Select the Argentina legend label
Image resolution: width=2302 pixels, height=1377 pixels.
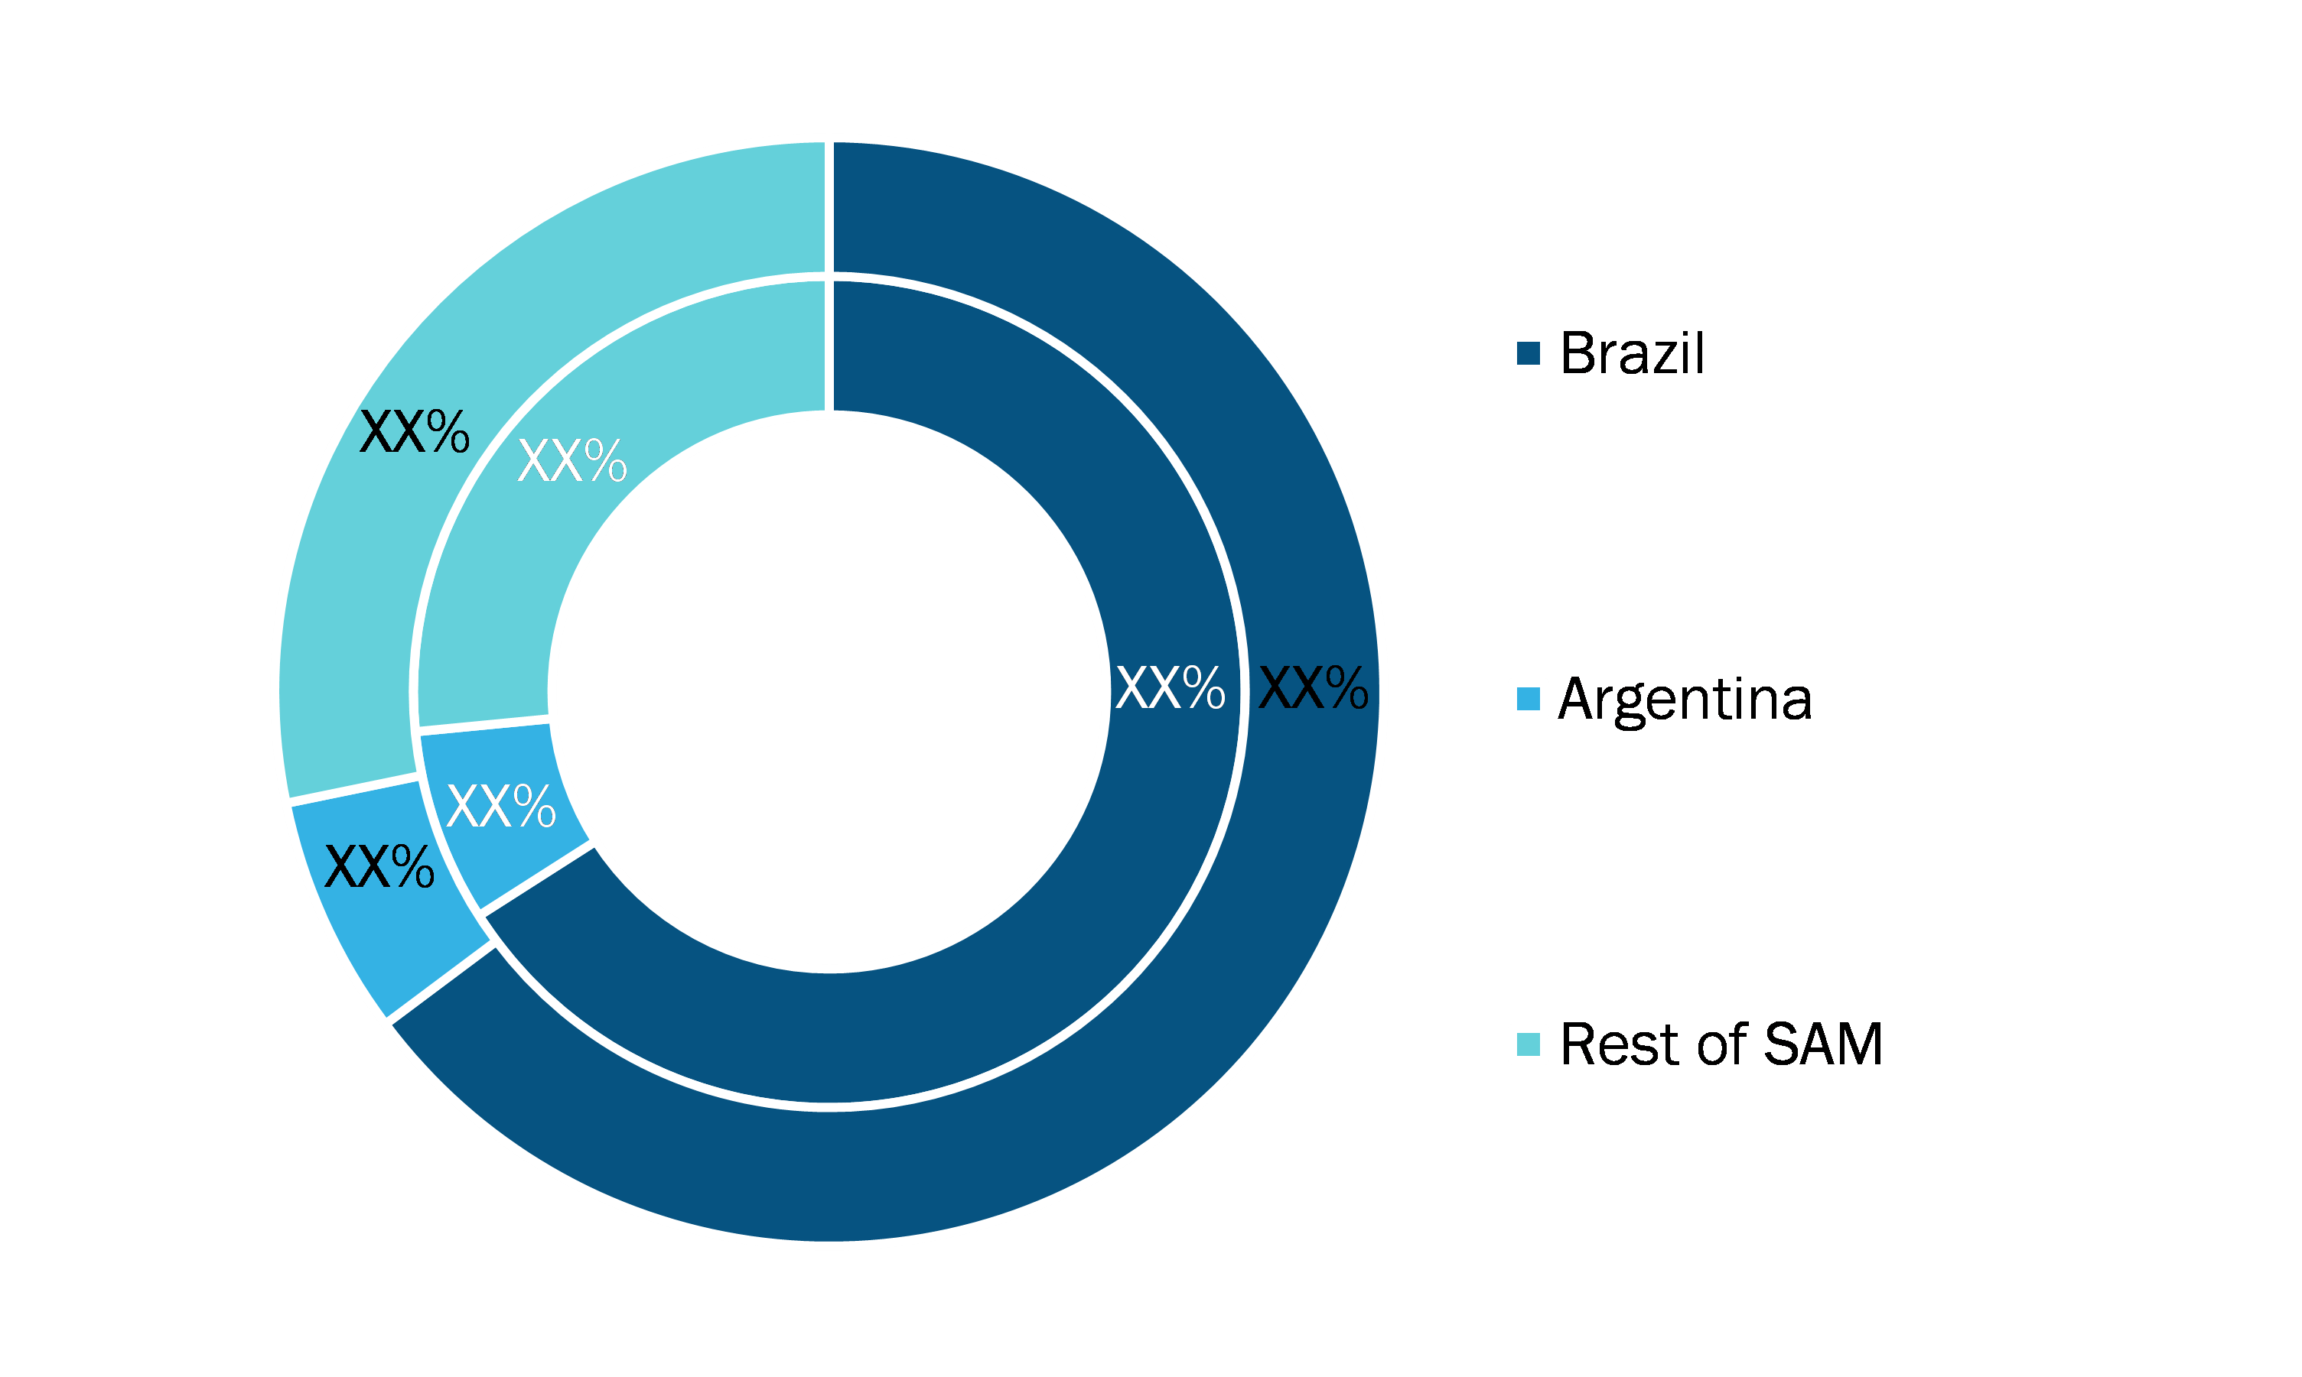point(1685,700)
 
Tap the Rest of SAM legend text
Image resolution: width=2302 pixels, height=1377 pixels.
point(1722,1044)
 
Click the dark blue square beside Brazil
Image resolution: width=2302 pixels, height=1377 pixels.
point(1528,352)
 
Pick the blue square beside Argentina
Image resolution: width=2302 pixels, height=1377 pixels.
point(1528,699)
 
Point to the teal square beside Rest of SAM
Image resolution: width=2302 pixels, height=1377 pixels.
point(1528,1044)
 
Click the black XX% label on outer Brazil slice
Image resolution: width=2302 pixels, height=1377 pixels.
point(1313,688)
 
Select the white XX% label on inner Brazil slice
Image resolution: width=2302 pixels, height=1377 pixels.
point(1170,688)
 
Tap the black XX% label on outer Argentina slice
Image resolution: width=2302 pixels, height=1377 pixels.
point(379,868)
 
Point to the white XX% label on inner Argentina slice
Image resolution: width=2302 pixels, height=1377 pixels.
point(500,805)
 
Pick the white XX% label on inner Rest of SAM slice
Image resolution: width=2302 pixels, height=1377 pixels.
point(571,460)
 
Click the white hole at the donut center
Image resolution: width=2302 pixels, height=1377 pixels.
point(829,692)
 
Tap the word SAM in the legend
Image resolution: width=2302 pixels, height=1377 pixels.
point(1823,1044)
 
